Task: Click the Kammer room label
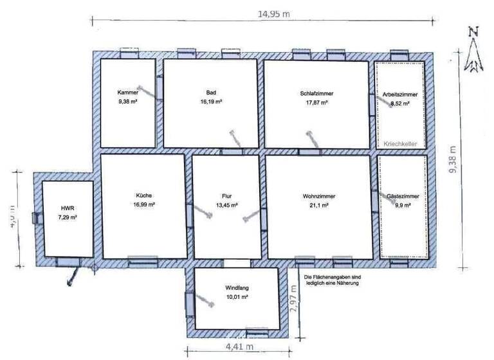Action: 128,92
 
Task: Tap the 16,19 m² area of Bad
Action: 210,102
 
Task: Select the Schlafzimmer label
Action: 316,93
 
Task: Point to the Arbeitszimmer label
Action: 400,94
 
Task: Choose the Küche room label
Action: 143,196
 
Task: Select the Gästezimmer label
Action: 402,195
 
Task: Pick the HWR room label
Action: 68,209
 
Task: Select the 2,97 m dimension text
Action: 294,298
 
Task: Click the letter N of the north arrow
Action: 474,31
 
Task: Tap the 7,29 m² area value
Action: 68,218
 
